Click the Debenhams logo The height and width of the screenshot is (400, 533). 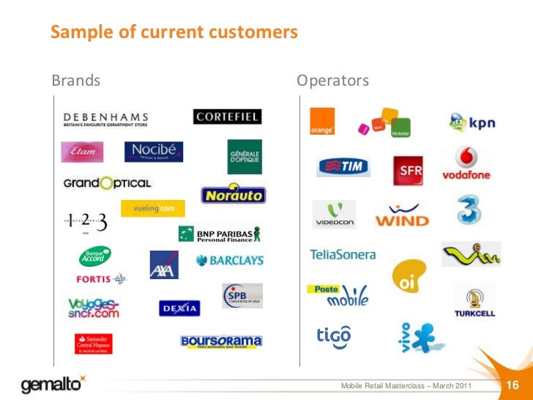[x=105, y=120]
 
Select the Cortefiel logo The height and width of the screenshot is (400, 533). [x=227, y=116]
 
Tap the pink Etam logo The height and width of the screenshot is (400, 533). [x=82, y=152]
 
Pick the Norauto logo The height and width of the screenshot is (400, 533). [x=233, y=195]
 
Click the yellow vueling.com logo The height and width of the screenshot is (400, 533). [x=148, y=209]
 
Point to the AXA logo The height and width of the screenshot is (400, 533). [x=164, y=264]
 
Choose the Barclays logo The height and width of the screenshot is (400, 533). [x=229, y=260]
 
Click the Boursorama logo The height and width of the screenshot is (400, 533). [x=220, y=341]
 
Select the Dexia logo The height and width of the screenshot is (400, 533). [x=179, y=308]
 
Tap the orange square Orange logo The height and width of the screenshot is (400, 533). [x=322, y=122]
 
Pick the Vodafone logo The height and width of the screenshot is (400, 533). [x=466, y=163]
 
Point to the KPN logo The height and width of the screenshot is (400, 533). [x=472, y=121]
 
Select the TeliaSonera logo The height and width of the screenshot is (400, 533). [x=343, y=255]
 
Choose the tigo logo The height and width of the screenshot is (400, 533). [x=333, y=335]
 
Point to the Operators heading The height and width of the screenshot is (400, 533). [x=332, y=80]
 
